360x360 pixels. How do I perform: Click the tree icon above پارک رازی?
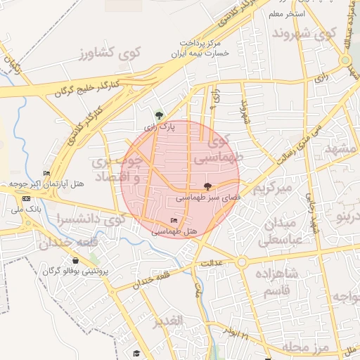click(x=160, y=115)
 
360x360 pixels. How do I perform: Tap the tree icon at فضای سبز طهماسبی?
click(x=207, y=186)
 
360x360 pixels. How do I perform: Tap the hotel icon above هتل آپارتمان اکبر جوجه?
click(x=47, y=173)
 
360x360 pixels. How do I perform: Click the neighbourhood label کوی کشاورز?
click(x=110, y=52)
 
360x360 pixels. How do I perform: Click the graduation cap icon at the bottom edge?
click(x=136, y=354)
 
